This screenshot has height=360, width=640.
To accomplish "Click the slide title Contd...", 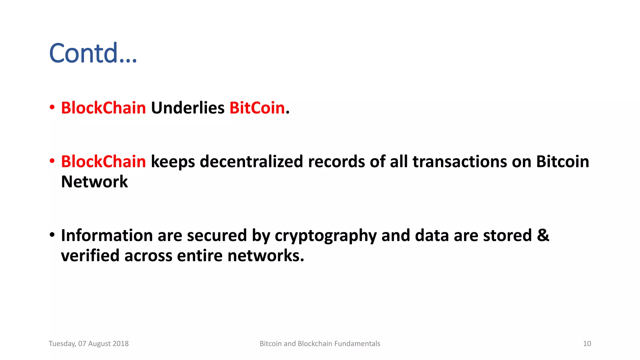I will click(93, 53).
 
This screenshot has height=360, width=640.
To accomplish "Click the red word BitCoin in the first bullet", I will click(257, 108).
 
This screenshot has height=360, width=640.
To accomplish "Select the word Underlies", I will click(187, 108).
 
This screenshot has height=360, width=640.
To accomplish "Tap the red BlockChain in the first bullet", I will click(103, 108).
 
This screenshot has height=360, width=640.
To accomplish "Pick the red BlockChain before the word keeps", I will click(103, 162).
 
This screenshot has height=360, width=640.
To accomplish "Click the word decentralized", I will click(251, 162).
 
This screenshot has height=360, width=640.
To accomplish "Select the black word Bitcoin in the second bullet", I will click(562, 162).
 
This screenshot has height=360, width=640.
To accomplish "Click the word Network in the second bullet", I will click(94, 182).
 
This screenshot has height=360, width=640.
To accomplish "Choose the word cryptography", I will click(326, 236).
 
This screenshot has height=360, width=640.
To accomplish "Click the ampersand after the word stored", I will click(543, 235).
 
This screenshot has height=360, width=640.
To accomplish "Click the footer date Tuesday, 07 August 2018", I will click(89, 344).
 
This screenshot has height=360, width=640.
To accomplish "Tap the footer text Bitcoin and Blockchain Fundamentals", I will click(320, 344).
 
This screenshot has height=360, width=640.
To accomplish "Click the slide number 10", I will click(587, 344).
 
